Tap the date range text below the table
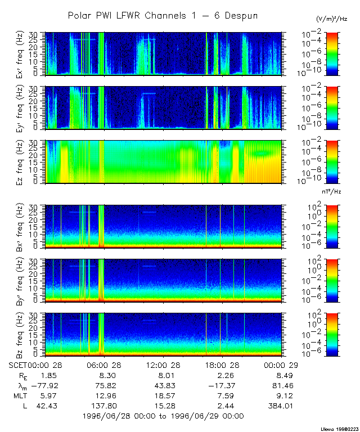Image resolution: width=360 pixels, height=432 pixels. pyautogui.click(x=163, y=416)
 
